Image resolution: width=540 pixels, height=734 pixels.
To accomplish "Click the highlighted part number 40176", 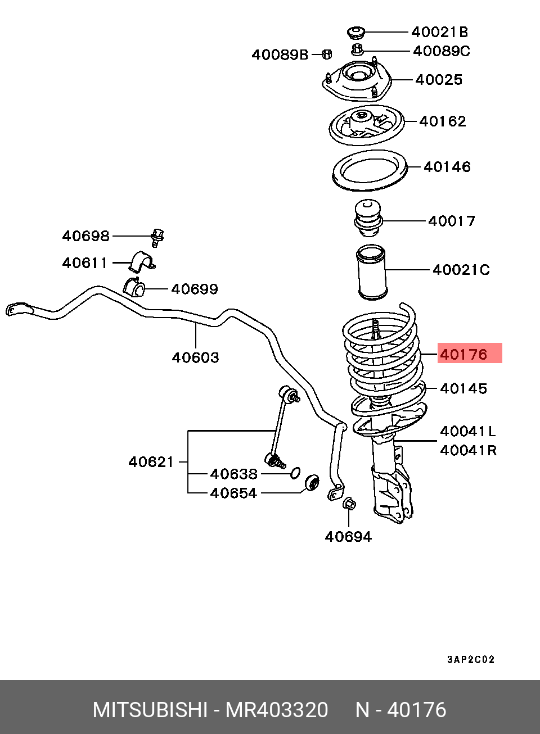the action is [x=463, y=354].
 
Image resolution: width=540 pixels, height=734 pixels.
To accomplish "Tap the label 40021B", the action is [x=440, y=32].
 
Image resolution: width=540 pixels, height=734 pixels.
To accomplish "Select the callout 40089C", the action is [x=442, y=52].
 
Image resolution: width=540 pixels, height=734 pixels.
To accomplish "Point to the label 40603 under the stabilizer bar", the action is [x=195, y=357].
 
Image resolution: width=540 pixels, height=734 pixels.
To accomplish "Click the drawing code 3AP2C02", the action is [x=471, y=659].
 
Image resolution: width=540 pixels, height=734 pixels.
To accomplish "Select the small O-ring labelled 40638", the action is [x=295, y=473].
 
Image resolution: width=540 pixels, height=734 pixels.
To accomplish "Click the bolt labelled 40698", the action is [x=157, y=238].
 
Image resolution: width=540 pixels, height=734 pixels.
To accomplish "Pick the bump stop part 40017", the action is [x=368, y=218].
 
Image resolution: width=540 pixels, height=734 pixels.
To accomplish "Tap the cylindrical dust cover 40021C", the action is [x=371, y=272].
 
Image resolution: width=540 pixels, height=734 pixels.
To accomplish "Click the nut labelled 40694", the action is [x=349, y=503].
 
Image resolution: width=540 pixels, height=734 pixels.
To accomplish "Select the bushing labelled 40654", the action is [x=312, y=484].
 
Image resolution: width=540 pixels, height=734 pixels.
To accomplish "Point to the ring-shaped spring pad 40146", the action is [x=370, y=170].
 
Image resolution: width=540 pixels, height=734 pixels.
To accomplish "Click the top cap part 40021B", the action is [x=355, y=33].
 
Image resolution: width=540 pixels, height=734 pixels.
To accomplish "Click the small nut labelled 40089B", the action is [x=327, y=54].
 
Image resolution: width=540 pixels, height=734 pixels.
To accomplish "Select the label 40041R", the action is [x=468, y=451].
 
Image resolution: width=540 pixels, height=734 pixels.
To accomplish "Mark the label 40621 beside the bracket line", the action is [x=151, y=462].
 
